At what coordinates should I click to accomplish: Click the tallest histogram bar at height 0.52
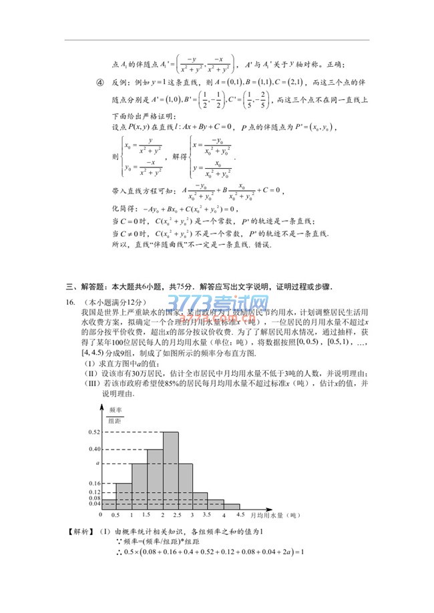point(170,470)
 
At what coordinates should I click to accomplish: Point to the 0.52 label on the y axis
point(93,432)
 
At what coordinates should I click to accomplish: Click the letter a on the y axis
point(97,463)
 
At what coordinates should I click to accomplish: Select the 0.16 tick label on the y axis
point(93,483)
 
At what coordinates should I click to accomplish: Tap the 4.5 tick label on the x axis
point(240,516)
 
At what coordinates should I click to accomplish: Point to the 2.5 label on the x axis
point(177,516)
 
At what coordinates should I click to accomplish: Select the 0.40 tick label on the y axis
point(93,449)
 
